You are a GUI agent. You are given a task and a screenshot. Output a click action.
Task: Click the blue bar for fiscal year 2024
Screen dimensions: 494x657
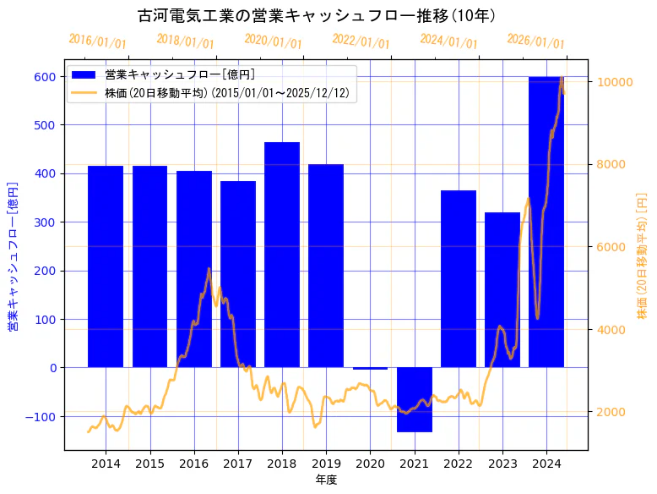[x=546, y=222]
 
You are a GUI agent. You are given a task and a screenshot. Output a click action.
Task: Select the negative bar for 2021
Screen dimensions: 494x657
[x=415, y=399]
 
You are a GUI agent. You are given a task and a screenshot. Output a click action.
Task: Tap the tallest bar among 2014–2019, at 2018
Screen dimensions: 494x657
[x=282, y=255]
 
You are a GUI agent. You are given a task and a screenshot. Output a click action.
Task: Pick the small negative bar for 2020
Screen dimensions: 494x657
[x=370, y=369]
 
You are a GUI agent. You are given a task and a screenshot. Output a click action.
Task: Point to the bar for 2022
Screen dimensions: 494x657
[x=459, y=279]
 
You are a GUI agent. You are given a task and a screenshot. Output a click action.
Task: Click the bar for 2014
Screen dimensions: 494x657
[x=106, y=266]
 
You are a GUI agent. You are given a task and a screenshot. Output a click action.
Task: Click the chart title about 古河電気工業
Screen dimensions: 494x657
[x=316, y=16]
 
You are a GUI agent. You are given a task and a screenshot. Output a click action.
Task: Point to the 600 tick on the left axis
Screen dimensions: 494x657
[x=45, y=77]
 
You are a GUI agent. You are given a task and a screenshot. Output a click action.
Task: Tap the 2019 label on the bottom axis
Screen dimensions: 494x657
[x=326, y=464]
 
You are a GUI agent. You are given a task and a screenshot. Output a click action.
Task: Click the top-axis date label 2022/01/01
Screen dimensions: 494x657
[x=361, y=41]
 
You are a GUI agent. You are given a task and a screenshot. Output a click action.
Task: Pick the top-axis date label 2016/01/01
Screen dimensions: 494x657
[x=97, y=41]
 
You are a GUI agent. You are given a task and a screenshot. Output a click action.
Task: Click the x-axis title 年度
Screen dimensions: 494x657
[x=326, y=480]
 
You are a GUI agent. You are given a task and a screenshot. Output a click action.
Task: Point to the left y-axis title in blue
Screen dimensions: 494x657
[x=13, y=255]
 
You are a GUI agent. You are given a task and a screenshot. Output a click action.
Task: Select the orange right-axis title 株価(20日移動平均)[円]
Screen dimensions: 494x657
[x=643, y=255]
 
